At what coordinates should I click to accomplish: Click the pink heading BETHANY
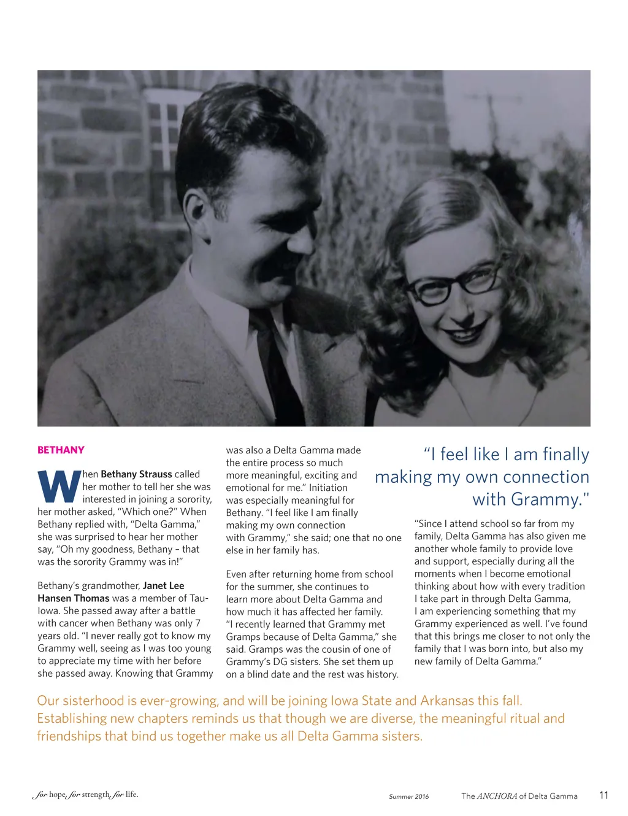pos(61,450)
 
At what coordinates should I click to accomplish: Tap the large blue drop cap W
pos(59,486)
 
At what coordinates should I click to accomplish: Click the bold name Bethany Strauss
pos(136,474)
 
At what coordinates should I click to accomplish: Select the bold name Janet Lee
pos(163,585)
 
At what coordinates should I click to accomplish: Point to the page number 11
pos(603,795)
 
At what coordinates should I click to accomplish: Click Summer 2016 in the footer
pos(408,796)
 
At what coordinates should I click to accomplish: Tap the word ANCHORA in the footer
pos(497,796)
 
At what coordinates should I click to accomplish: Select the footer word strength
pos(96,795)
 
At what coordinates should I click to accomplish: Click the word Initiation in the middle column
pos(328,487)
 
